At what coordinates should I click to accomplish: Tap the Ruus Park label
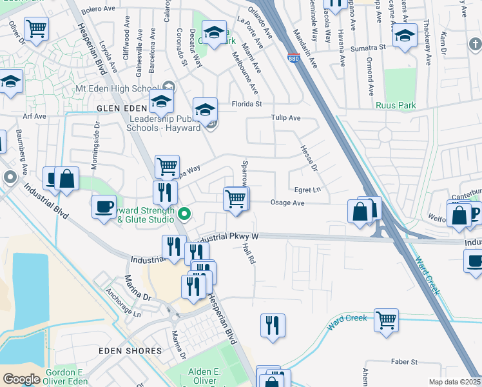click(396, 105)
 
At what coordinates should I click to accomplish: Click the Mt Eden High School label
click(116, 88)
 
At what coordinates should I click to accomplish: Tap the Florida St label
click(247, 103)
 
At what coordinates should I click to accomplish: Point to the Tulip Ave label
click(285, 118)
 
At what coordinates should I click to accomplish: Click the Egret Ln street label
click(307, 190)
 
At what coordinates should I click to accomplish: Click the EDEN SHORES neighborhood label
click(130, 350)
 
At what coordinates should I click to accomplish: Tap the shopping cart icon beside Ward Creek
click(386, 320)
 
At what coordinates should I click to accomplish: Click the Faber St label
click(404, 362)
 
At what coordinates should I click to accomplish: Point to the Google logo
click(21, 379)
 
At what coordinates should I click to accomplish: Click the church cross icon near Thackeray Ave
click(474, 44)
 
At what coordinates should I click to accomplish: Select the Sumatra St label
click(367, 48)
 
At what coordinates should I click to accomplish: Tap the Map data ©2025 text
click(454, 382)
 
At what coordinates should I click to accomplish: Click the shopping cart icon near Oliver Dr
click(36, 28)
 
